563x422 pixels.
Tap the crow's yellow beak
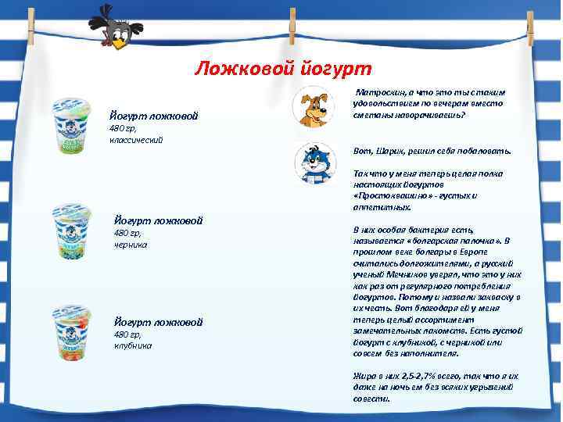pyautogui.click(x=119, y=44)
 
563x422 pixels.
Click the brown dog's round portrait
pyautogui.click(x=314, y=107)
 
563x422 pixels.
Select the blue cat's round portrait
pyautogui.click(x=314, y=162)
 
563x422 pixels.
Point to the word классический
pyautogui.click(x=136, y=140)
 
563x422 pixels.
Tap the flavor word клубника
pyautogui.click(x=133, y=345)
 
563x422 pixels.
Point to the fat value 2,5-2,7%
pyautogui.click(x=418, y=376)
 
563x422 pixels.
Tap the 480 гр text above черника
pyautogui.click(x=125, y=233)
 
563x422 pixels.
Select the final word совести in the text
pyautogui.click(x=372, y=399)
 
